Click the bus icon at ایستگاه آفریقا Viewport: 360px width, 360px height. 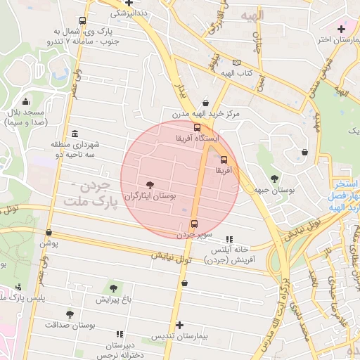click(197, 127)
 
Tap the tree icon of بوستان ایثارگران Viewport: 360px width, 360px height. click(148, 184)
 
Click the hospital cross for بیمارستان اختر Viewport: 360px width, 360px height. click(341, 29)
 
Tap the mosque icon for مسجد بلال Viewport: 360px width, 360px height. click(26, 101)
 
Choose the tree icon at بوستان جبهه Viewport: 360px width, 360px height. click(274, 179)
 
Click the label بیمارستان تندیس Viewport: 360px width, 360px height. click(180, 337)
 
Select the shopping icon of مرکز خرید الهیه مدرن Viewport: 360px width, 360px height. click(205, 101)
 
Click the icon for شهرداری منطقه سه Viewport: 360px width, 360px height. click(75, 134)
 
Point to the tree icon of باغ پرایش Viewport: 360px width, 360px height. click(113, 288)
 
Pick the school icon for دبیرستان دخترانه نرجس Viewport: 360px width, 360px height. click(119, 334)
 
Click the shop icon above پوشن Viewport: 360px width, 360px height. click(49, 232)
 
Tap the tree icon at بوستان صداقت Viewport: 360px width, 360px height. click(69, 314)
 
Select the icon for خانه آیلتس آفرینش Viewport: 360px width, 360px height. click(230, 239)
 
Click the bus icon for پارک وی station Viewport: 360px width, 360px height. click(84, 21)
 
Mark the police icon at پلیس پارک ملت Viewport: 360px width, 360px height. click(18, 287)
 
